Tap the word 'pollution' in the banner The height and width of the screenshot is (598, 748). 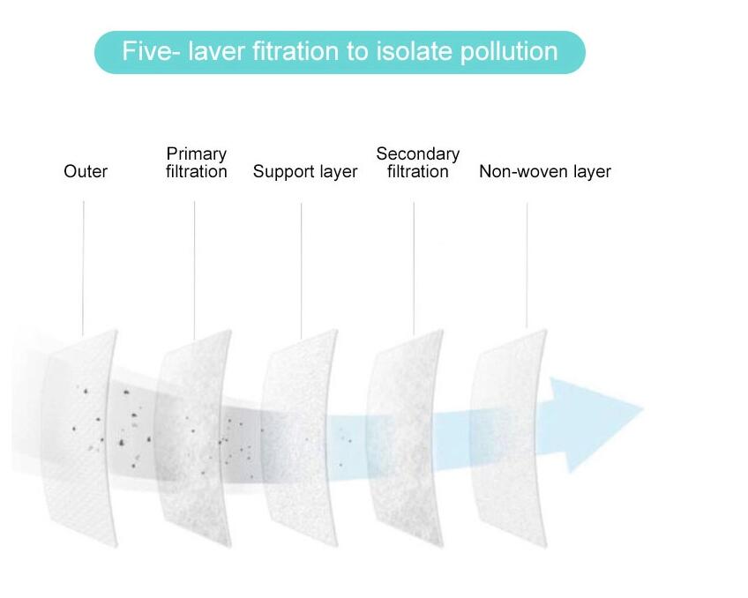point(509,52)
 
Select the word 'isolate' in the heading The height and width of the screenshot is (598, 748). point(414,51)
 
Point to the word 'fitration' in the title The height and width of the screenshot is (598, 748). point(295,51)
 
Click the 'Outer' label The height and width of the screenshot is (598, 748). point(86,171)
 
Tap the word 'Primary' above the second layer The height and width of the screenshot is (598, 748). point(197,154)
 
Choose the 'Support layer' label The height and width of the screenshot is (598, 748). point(305,172)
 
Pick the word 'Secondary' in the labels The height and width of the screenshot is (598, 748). point(418,154)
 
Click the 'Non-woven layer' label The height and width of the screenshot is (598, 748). point(545,172)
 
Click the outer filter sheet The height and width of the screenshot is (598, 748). point(80,438)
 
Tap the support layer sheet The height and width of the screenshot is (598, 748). point(300,438)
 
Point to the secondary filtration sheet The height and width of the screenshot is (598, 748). point(406,438)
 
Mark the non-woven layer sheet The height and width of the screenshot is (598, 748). point(509,438)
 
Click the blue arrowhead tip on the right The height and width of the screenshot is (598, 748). point(644,409)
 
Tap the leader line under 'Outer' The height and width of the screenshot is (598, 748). point(83,268)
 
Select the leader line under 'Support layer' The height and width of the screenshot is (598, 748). point(301,271)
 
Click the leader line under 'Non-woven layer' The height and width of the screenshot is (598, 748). point(527,265)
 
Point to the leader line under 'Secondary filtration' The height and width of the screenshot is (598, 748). point(414,268)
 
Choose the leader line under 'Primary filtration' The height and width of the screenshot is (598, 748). point(194,271)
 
